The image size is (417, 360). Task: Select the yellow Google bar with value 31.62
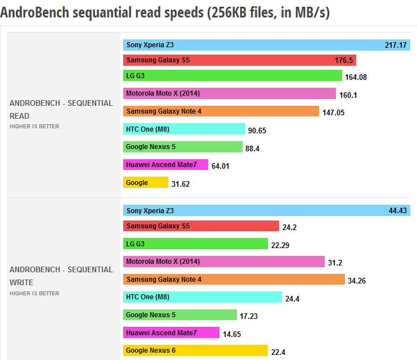(x=145, y=183)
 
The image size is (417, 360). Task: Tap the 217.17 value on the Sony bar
(x=394, y=44)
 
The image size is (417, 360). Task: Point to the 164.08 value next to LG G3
(x=356, y=77)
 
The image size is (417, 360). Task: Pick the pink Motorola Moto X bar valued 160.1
(x=229, y=93)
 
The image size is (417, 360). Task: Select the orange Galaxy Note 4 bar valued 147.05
(x=221, y=111)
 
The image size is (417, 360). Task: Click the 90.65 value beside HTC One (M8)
(x=257, y=130)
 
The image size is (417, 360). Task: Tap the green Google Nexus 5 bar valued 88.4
(x=165, y=147)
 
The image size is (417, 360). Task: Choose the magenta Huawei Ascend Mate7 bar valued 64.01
(x=165, y=165)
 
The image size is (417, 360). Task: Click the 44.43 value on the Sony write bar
(x=397, y=211)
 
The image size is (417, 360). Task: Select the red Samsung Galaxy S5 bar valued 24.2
(x=201, y=226)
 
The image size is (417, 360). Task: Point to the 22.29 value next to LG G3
(x=281, y=245)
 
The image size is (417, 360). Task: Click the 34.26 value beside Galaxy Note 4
(x=357, y=281)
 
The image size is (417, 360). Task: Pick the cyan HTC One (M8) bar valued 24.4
(x=202, y=297)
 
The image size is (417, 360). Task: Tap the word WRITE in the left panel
(x=21, y=282)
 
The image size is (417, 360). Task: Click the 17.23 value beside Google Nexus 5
(x=248, y=316)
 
